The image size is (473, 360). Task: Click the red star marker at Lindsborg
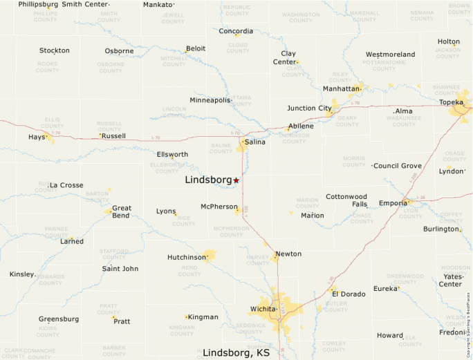236,180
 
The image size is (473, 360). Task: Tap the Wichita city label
263,308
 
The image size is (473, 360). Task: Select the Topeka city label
451,102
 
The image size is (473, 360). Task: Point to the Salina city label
254,142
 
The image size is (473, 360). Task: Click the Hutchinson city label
187,257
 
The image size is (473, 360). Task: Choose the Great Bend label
122,211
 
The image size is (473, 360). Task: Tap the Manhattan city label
342,88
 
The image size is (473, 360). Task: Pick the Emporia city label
393,203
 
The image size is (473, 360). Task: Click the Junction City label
309,108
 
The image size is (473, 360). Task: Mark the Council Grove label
398,166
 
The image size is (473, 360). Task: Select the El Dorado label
349,294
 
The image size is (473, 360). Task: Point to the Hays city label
37,137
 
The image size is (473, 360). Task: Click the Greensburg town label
59,319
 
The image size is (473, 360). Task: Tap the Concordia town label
236,31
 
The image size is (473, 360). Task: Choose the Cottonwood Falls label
346,200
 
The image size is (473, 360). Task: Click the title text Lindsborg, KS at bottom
236,352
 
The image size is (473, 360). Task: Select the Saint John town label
120,269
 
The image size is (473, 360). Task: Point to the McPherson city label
219,207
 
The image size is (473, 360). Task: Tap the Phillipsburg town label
38,4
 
